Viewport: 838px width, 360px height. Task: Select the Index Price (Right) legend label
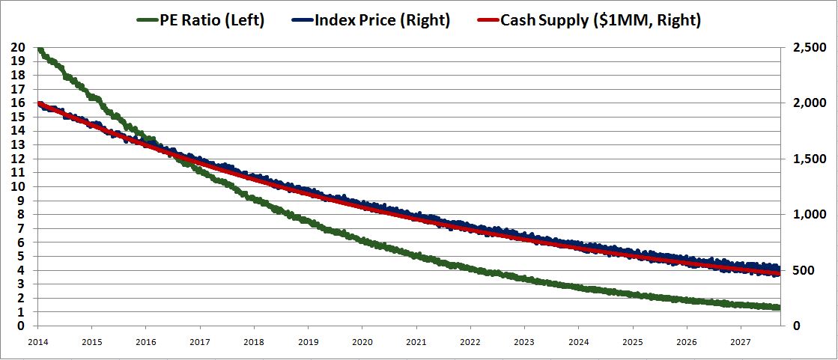pyautogui.click(x=383, y=20)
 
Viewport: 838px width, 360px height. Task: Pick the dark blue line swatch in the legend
pyautogui.click(x=300, y=20)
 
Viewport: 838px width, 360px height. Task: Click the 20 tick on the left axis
pyautogui.click(x=18, y=47)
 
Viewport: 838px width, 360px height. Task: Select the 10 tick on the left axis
pyautogui.click(x=18, y=186)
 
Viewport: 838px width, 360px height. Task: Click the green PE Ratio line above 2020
pyautogui.click(x=362, y=240)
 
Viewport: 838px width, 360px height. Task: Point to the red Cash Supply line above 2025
pyautogui.click(x=633, y=255)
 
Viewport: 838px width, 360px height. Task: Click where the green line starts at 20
pyautogui.click(x=39, y=49)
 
